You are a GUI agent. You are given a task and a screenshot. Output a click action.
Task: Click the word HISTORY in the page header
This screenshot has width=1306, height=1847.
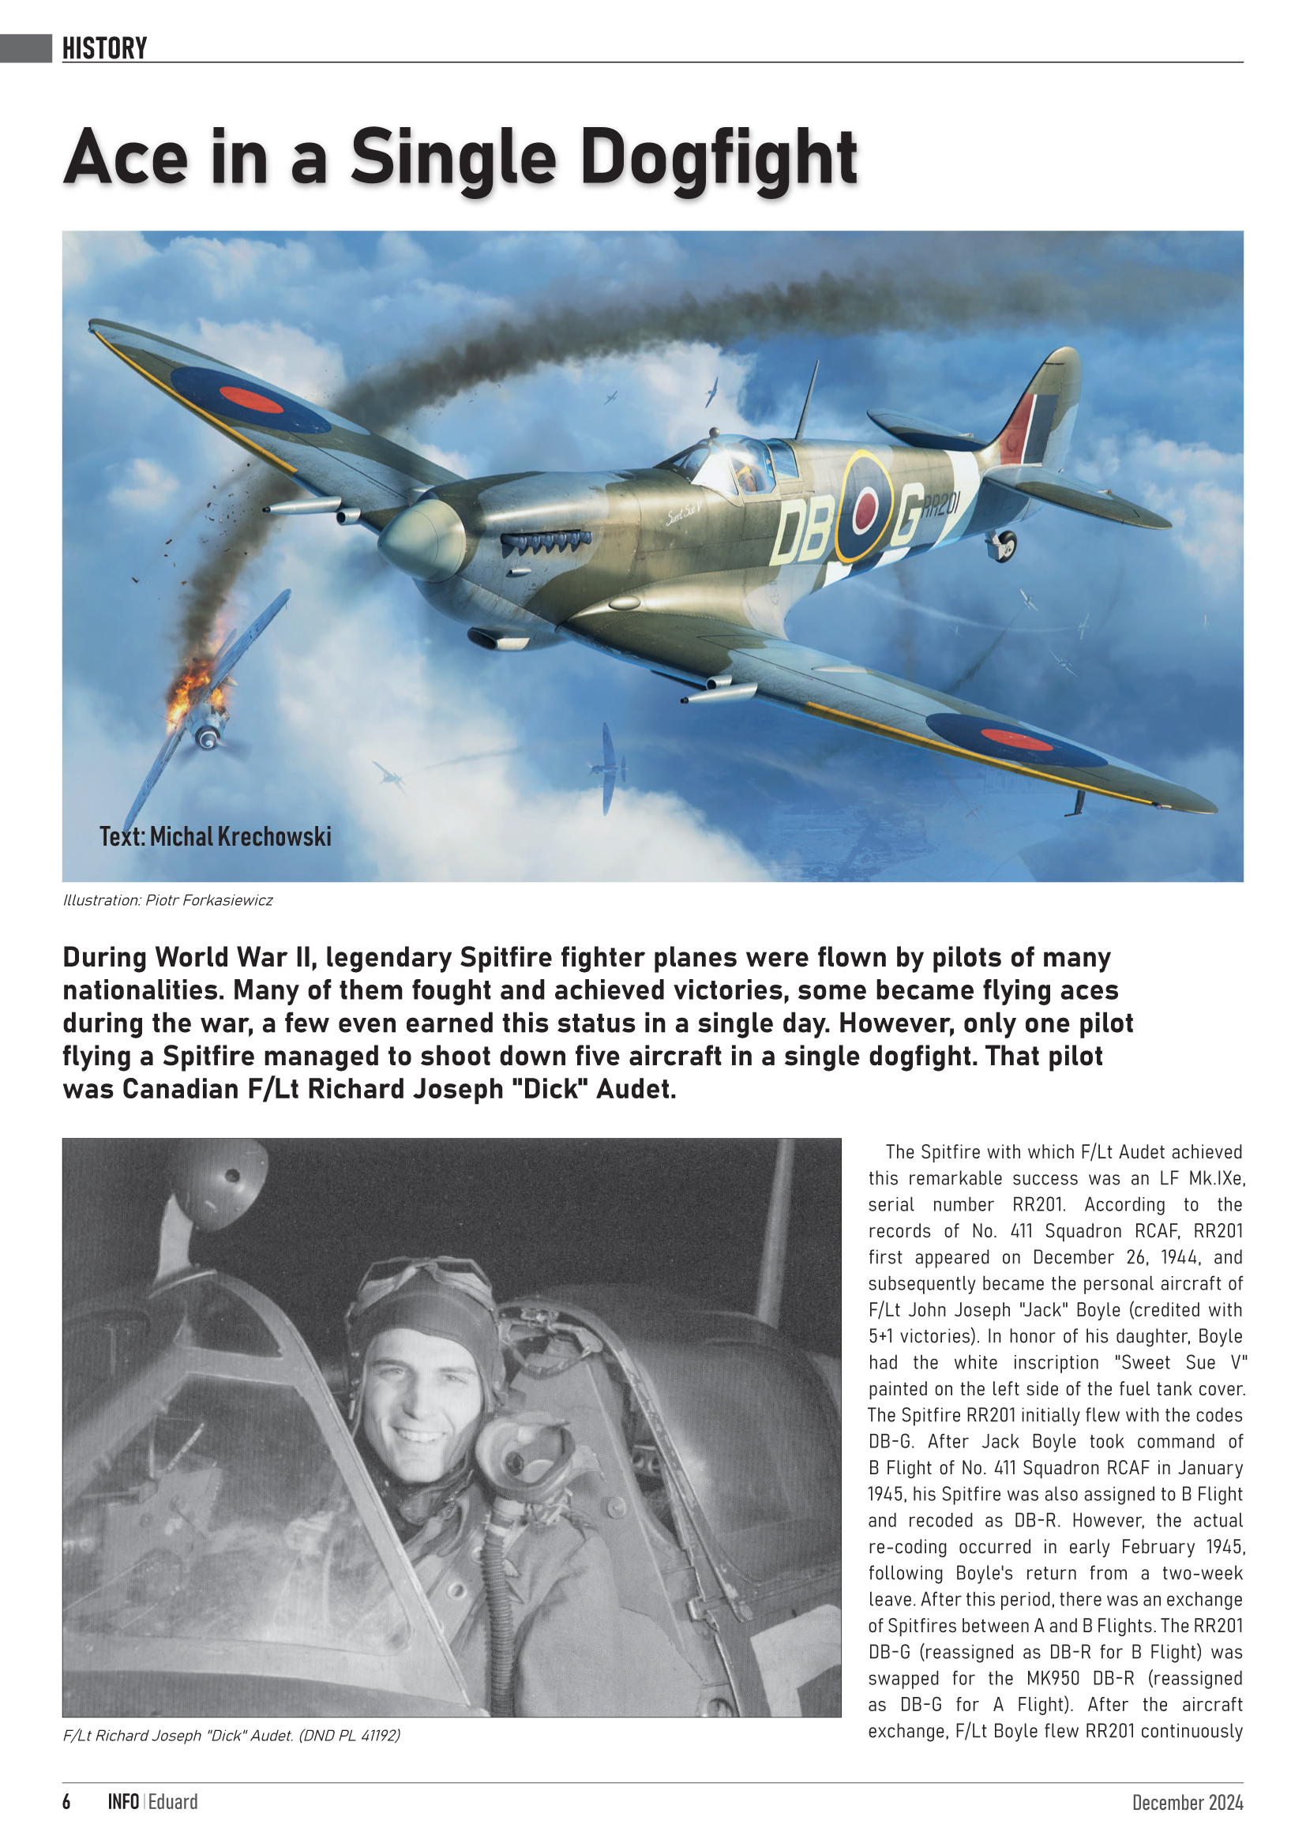pyautogui.click(x=104, y=48)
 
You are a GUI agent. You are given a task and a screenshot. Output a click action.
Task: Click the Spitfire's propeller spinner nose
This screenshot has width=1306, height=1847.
pyautogui.click(x=418, y=539)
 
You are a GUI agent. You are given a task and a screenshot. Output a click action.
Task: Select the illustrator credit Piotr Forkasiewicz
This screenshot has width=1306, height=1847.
pyautogui.click(x=208, y=900)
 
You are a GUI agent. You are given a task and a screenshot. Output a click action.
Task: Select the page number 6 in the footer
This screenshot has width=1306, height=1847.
pyautogui.click(x=67, y=1802)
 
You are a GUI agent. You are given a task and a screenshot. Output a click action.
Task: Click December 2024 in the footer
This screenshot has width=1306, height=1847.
pyautogui.click(x=1187, y=1803)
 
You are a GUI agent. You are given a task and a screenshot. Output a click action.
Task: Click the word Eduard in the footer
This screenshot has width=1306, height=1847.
pyautogui.click(x=173, y=1802)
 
